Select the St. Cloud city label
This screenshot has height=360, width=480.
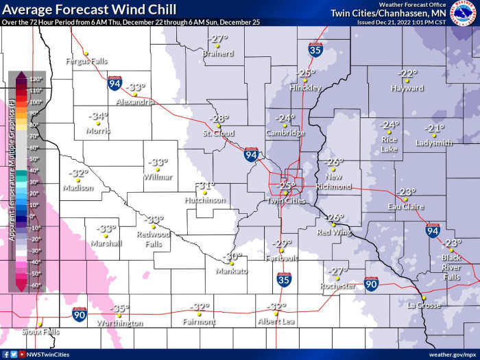tap(219, 133)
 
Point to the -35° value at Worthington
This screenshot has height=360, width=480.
tap(120, 309)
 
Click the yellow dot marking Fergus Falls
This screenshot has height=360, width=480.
tap(85, 53)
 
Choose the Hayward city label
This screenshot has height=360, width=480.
tap(407, 88)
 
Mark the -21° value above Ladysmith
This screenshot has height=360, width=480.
tap(434, 128)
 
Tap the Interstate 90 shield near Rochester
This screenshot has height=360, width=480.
tap(371, 283)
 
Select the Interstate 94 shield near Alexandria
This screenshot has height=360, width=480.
tap(115, 84)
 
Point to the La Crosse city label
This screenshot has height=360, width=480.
tap(422, 305)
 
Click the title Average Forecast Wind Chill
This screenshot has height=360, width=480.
tap(88, 10)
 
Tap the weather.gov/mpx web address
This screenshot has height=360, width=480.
tap(453, 355)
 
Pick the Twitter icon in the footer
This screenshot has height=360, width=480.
tap(13, 355)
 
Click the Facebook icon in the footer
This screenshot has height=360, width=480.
tap(5, 355)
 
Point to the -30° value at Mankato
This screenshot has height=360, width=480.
tap(233, 256)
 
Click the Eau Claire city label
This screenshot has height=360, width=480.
tap(405, 206)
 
